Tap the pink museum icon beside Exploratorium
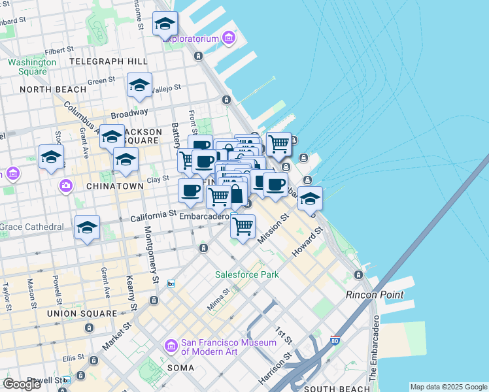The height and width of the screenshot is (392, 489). click(x=228, y=39)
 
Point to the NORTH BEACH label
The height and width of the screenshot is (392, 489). click(x=53, y=89)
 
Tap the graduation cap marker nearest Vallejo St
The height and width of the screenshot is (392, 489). click(x=139, y=86)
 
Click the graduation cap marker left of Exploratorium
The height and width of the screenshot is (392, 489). click(x=165, y=24)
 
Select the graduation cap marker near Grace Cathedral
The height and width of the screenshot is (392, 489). click(x=87, y=228)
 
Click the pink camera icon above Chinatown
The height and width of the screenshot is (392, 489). click(x=65, y=186)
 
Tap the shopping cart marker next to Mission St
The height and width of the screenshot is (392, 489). click(x=243, y=226)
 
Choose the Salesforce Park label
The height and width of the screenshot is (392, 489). click(x=247, y=274)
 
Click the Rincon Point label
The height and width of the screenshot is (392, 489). click(x=375, y=295)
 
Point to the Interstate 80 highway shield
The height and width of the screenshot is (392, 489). click(x=335, y=340)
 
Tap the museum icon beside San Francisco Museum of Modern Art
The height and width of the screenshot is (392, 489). click(x=171, y=344)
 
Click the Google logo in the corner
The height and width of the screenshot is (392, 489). click(x=22, y=384)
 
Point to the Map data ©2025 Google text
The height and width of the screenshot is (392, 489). click(x=448, y=387)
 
